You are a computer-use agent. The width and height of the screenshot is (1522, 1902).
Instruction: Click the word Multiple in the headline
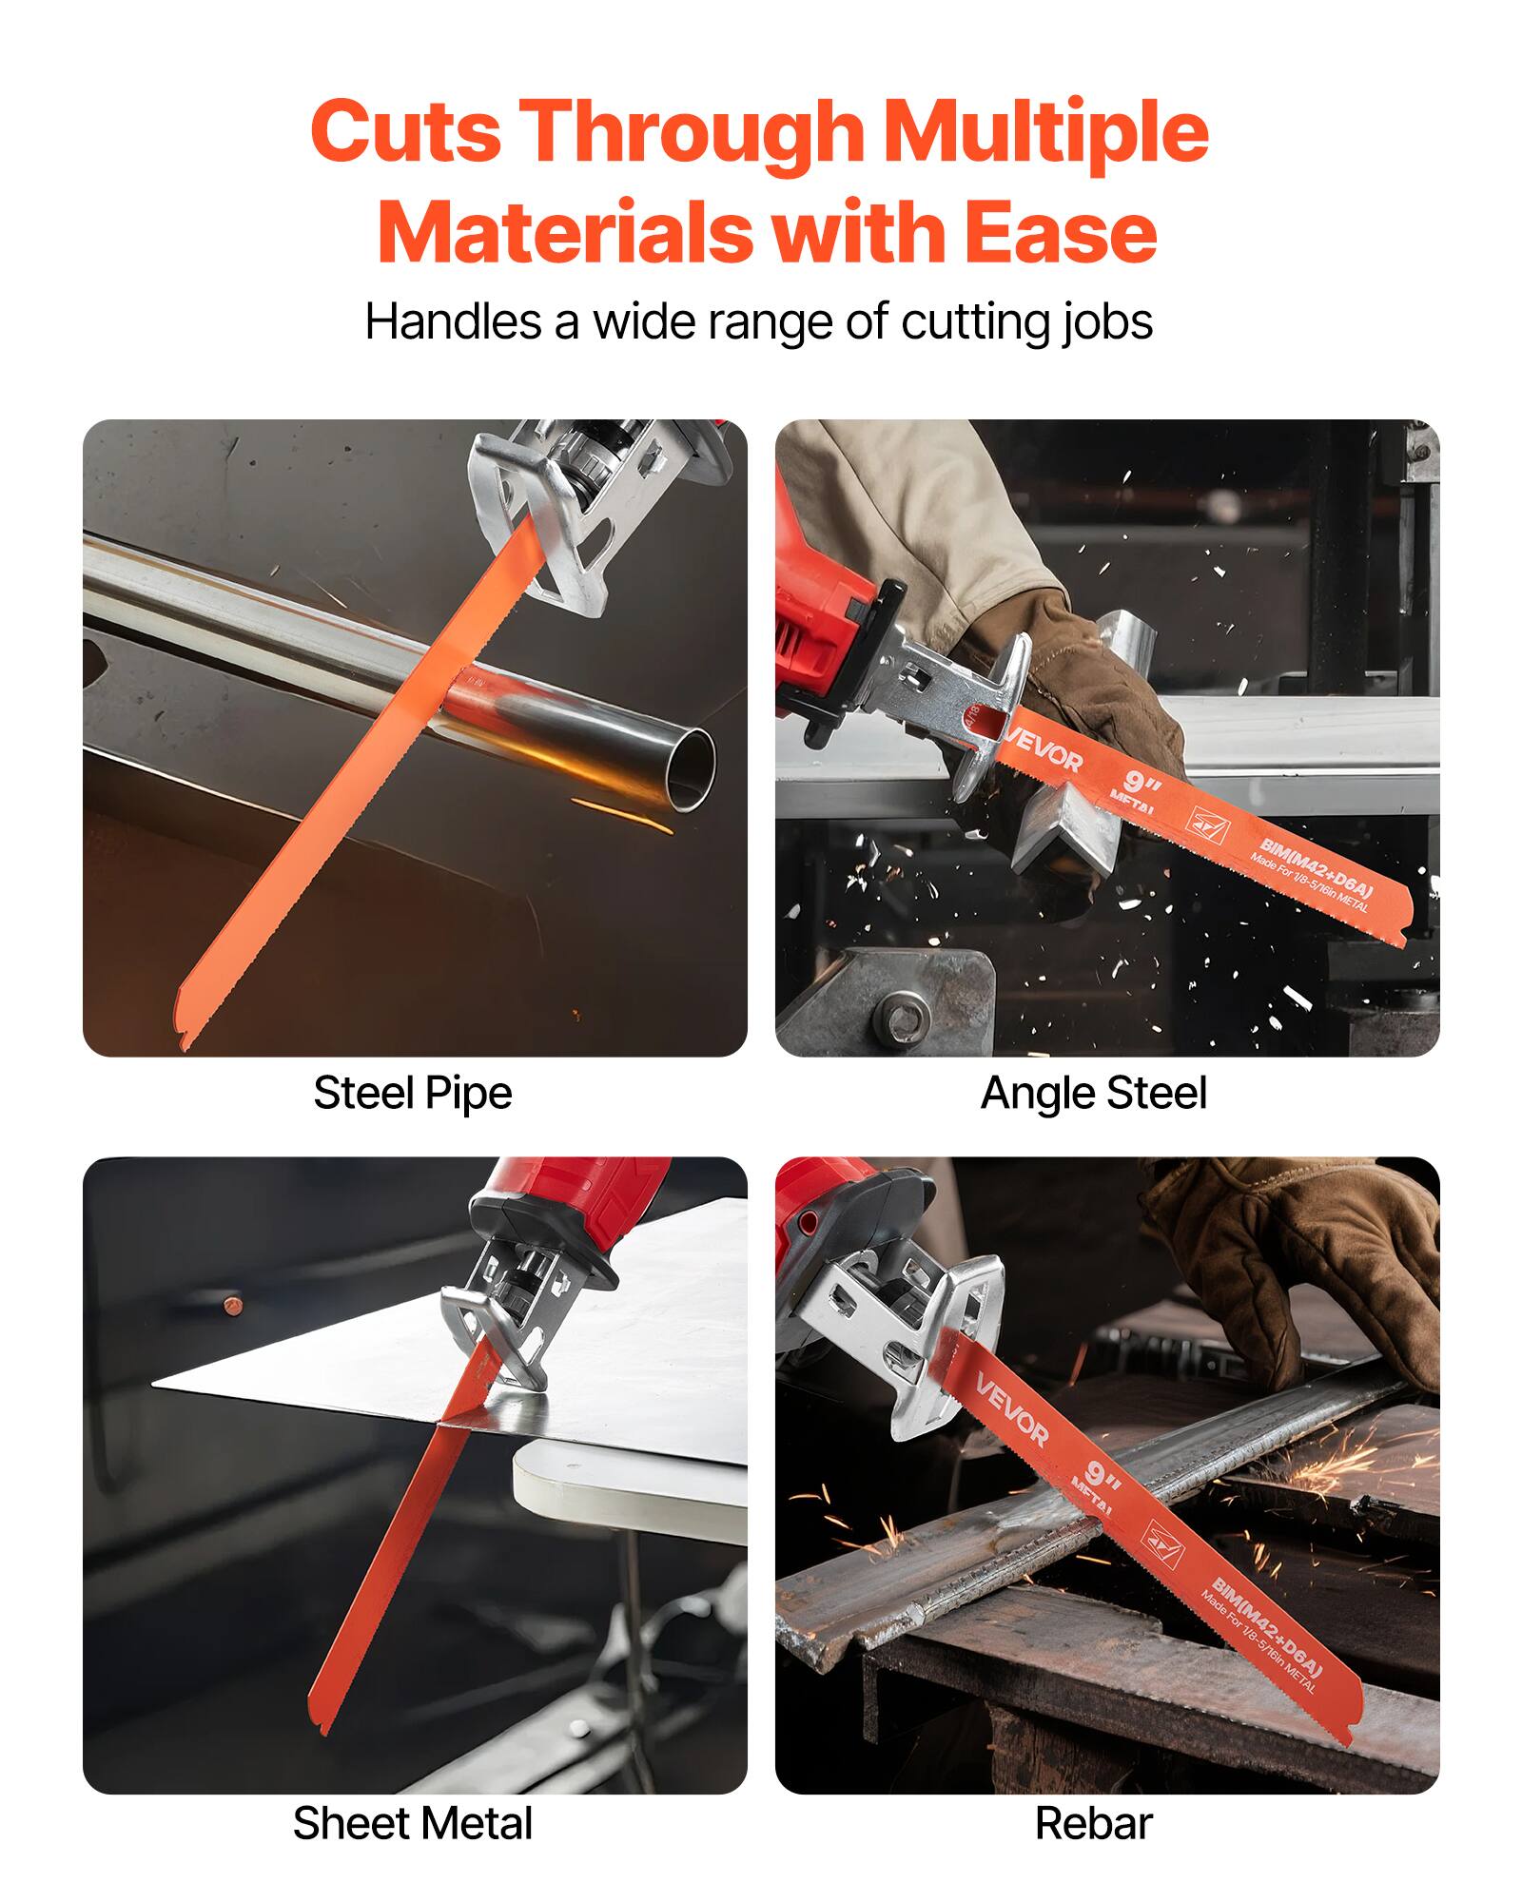(1045, 133)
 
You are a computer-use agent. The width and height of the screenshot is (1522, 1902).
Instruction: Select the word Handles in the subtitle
(453, 321)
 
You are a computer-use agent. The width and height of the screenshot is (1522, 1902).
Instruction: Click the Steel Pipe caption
(412, 1093)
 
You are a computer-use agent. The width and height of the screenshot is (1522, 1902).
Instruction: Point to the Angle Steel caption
(1093, 1093)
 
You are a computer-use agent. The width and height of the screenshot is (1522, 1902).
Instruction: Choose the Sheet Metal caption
(412, 1823)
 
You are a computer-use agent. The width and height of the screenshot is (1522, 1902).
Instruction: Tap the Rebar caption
(1093, 1823)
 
